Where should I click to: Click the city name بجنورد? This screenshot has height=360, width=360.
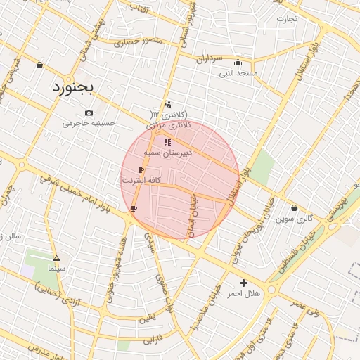[77, 89]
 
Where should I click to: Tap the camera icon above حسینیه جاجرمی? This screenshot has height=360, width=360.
[89, 112]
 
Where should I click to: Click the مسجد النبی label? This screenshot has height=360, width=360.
[238, 72]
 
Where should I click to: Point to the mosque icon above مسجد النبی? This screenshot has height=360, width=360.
[238, 62]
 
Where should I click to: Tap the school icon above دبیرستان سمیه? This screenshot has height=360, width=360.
[167, 142]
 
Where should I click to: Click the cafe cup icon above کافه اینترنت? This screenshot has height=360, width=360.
[142, 171]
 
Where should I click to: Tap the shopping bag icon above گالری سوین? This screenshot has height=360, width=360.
[294, 207]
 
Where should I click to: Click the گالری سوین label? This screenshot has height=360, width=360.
[294, 219]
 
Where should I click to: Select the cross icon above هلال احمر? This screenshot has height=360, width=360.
[244, 282]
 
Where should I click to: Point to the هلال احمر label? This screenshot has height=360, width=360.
[245, 292]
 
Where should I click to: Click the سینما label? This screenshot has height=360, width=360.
[56, 268]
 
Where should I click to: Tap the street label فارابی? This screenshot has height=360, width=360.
[152, 340]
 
